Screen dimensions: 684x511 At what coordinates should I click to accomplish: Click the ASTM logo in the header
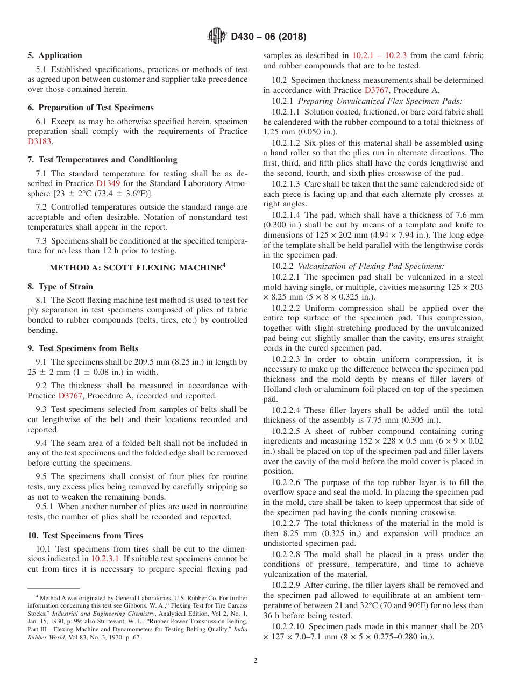coord(217,37)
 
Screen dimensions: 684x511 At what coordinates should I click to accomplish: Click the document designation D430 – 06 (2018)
coord(268,37)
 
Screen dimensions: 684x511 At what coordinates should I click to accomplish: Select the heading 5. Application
coord(55,55)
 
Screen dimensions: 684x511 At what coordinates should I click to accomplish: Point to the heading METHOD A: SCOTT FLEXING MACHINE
coord(137,267)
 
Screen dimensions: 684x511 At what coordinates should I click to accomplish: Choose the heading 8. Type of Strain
coord(60,287)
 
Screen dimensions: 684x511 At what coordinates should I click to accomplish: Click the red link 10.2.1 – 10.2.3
coord(379,55)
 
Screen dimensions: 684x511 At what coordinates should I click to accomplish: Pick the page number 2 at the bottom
coord(256,660)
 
